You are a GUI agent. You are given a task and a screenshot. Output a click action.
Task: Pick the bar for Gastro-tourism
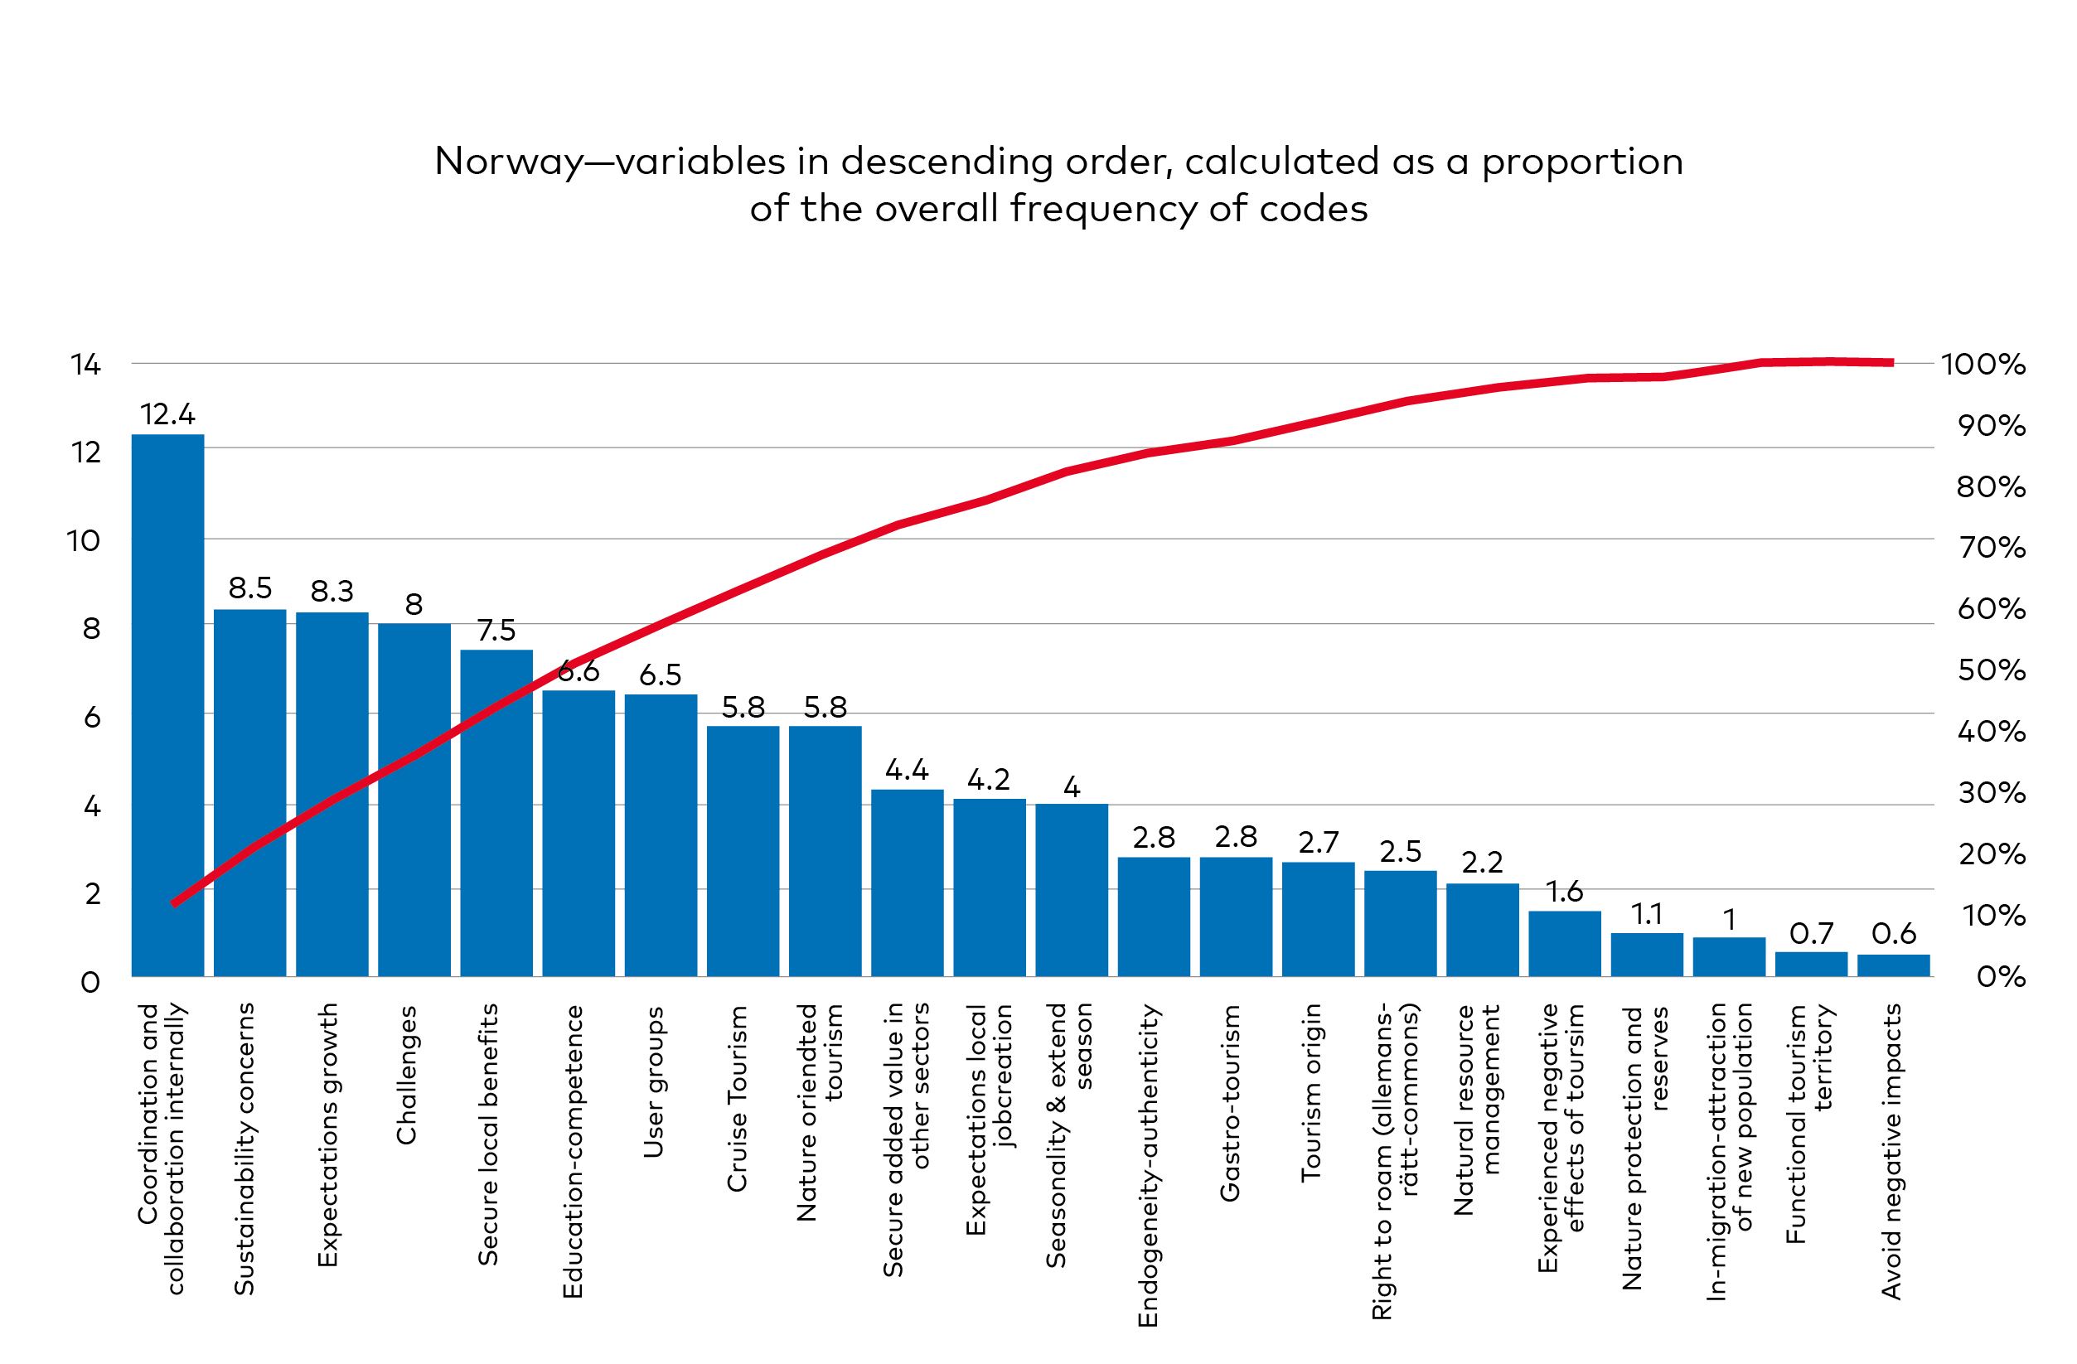pyautogui.click(x=1236, y=917)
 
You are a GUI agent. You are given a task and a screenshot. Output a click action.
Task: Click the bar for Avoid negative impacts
pyautogui.click(x=1893, y=965)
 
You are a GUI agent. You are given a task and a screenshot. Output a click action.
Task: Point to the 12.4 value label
pyautogui.click(x=167, y=414)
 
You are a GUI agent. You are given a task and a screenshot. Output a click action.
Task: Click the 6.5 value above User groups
pyautogui.click(x=660, y=675)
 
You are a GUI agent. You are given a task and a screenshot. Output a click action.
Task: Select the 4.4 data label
pyautogui.click(x=907, y=770)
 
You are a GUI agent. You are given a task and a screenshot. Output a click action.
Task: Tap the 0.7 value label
pyautogui.click(x=1811, y=934)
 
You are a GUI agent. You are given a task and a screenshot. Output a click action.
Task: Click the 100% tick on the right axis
pyautogui.click(x=1983, y=365)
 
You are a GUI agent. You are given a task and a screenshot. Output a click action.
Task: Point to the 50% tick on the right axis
pyautogui.click(x=1991, y=670)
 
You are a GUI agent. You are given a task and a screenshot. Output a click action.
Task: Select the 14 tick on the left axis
pyautogui.click(x=85, y=365)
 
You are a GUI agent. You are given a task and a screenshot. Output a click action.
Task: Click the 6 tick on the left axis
pyautogui.click(x=92, y=718)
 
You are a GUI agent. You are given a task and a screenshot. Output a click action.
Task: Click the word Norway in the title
pyautogui.click(x=509, y=162)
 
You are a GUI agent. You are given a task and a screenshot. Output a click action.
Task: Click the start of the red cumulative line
pyautogui.click(x=175, y=904)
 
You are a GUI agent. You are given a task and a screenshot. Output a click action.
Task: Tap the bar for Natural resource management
pyautogui.click(x=1482, y=930)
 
